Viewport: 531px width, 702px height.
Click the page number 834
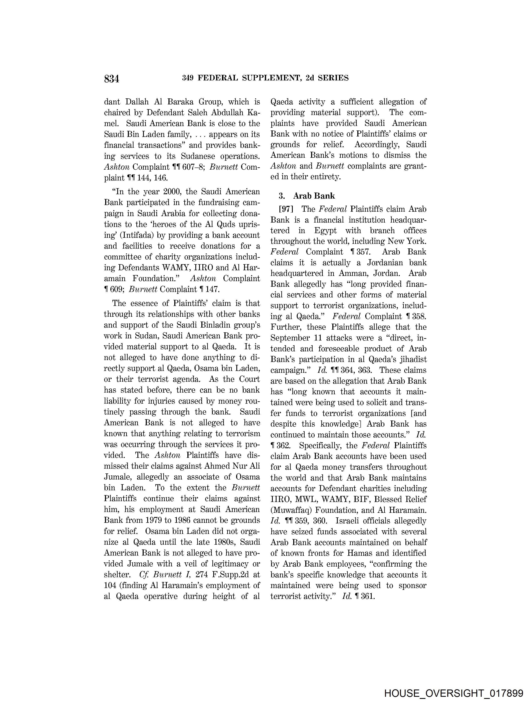pyautogui.click(x=111, y=78)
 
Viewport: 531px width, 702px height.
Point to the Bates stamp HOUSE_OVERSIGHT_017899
pyautogui.click(x=454, y=693)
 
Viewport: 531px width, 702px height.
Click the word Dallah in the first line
pyautogui.click(x=137, y=102)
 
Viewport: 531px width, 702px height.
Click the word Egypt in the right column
pyautogui.click(x=325, y=230)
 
